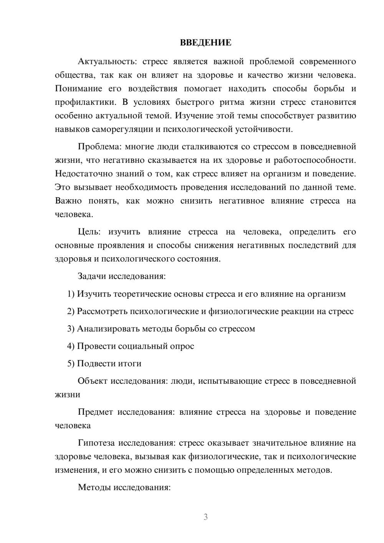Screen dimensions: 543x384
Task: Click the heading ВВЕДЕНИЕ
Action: [205, 43]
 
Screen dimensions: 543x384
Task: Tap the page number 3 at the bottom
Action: [205, 517]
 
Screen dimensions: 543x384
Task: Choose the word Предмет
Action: [95, 412]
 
